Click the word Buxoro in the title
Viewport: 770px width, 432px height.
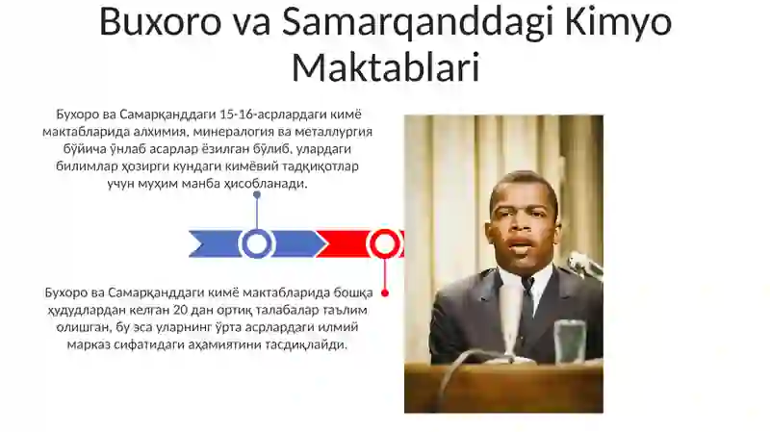(x=161, y=22)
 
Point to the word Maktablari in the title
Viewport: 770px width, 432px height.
(x=386, y=66)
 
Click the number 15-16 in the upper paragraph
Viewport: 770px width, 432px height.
(x=238, y=114)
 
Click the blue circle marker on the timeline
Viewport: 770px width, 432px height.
(x=256, y=243)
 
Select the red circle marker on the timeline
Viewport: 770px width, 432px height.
(x=384, y=243)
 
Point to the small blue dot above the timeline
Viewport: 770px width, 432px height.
(x=257, y=195)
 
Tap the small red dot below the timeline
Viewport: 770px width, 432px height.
(x=385, y=293)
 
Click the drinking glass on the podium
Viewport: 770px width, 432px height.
(x=570, y=343)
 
